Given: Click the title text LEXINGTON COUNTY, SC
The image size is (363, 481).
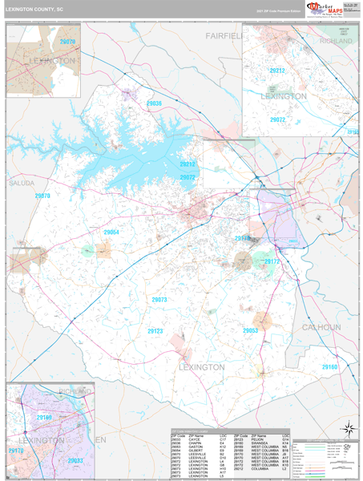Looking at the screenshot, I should tap(36, 10).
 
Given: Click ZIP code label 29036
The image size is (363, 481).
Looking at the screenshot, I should tap(154, 103).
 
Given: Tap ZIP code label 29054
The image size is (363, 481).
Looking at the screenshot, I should tap(111, 232).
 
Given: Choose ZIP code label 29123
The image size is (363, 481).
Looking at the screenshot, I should tap(155, 330).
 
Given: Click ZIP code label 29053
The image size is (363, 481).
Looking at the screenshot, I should tap(250, 329).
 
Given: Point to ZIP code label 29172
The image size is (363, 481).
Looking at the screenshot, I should tap(272, 261).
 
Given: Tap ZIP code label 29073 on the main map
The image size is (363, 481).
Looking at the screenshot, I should tap(159, 300).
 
